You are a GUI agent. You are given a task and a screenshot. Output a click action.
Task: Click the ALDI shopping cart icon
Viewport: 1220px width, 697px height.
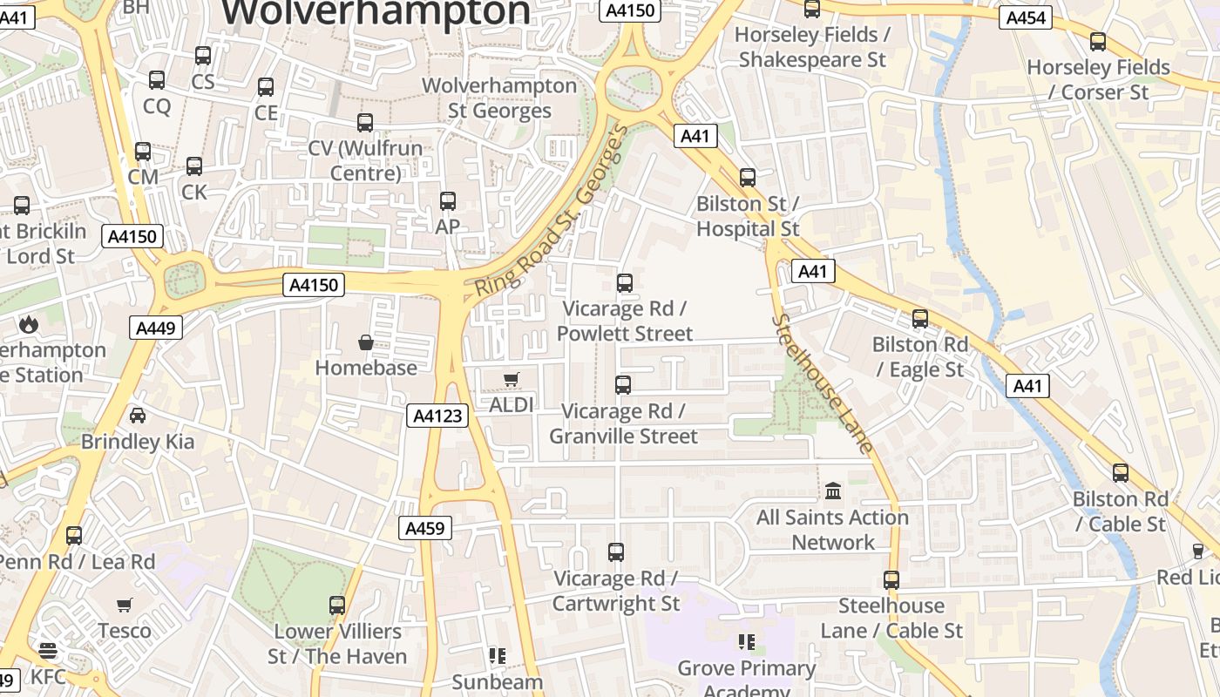point(511,379)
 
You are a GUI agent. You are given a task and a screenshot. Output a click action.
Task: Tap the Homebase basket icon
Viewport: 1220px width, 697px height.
point(366,342)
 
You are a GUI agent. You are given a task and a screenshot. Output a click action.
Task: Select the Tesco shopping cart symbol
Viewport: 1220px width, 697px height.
point(125,605)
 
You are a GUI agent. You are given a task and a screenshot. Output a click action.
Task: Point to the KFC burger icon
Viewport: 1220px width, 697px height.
point(47,651)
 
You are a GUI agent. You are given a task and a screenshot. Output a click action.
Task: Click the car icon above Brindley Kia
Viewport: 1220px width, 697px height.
point(138,416)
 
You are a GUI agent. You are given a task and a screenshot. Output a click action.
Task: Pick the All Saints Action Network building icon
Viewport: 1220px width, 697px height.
point(833,491)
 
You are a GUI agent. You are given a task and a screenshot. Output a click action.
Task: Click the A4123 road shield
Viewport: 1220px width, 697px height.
point(437,416)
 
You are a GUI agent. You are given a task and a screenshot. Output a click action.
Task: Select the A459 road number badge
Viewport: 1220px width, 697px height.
point(426,528)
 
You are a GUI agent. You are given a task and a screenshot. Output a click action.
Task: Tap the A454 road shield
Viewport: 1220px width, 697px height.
point(1026,17)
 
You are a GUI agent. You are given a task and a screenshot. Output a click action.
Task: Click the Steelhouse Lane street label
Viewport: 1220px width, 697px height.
point(823,384)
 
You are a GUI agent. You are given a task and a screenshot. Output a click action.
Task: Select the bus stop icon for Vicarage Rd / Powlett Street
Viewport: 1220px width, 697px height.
point(624,283)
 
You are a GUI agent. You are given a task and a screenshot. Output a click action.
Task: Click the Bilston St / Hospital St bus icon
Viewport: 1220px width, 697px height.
point(747,178)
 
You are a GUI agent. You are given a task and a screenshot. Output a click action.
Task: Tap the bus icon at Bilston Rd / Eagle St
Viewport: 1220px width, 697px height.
point(920,319)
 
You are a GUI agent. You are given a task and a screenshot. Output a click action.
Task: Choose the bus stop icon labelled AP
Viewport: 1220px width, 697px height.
point(448,201)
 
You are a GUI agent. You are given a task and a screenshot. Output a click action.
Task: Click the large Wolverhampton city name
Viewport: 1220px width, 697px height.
point(376,12)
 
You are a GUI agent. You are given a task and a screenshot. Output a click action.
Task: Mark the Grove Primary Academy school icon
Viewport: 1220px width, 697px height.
point(747,642)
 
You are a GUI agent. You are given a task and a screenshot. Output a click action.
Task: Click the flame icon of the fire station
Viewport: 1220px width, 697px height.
point(29,325)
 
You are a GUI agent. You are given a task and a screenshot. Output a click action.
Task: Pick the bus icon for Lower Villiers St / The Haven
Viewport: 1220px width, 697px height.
point(337,605)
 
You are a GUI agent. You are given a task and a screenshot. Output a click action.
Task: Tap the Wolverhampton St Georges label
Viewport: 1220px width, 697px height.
point(499,98)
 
